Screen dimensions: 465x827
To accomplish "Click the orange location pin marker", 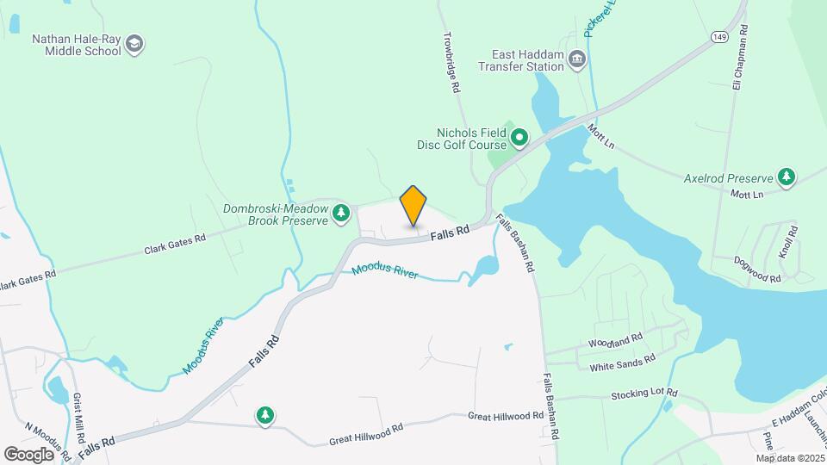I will coord(413,206).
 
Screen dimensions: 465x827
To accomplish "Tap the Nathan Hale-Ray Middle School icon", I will coord(134,44).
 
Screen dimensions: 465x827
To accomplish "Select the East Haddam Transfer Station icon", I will coord(577,59).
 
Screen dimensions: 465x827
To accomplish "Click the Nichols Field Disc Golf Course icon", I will coord(519,138).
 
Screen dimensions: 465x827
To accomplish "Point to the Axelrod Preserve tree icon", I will coord(786,177).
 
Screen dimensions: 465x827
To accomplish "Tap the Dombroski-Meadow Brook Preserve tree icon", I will coord(342,212).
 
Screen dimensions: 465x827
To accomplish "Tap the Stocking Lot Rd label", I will coord(644,394).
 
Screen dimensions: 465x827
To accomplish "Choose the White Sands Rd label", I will coord(623,363).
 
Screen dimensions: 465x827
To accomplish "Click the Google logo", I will coord(29,454).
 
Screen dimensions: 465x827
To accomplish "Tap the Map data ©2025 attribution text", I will coord(791,458).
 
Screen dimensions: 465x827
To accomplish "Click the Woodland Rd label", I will coord(616,340).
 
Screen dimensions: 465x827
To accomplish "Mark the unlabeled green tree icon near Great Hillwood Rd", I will coord(266,417).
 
